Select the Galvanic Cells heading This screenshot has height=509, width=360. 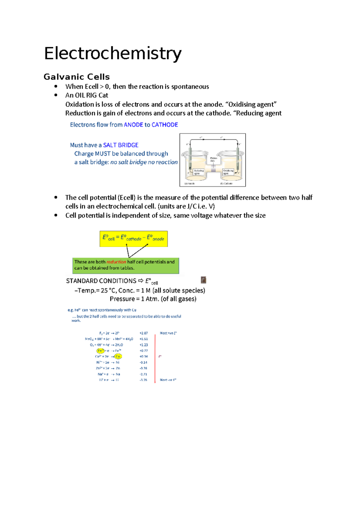tap(77, 77)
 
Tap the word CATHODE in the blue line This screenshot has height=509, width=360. tap(165, 125)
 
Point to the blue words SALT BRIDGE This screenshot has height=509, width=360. tap(121, 145)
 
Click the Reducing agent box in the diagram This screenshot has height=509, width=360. tap(199, 172)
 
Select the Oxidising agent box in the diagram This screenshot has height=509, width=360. tap(228, 172)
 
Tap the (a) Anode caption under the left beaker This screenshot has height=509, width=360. tap(190, 183)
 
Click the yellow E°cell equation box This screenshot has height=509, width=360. tap(133, 239)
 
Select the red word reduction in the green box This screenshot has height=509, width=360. tap(116, 262)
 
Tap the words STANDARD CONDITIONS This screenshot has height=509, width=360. tap(101, 281)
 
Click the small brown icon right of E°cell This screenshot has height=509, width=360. tap(203, 280)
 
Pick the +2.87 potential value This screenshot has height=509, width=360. tap(143, 333)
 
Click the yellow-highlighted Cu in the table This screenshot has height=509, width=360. tap(118, 356)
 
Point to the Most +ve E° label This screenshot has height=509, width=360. tap(168, 333)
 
